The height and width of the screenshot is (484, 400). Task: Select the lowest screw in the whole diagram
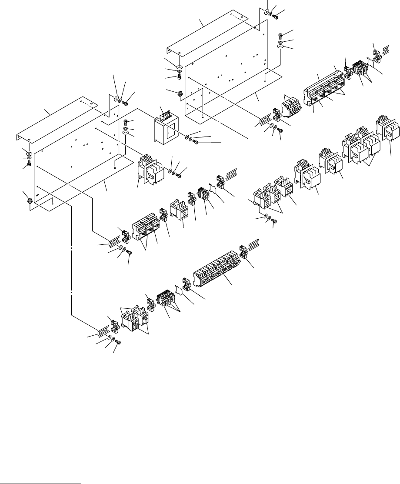(x=117, y=343)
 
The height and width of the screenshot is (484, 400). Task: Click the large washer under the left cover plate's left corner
(x=29, y=154)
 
